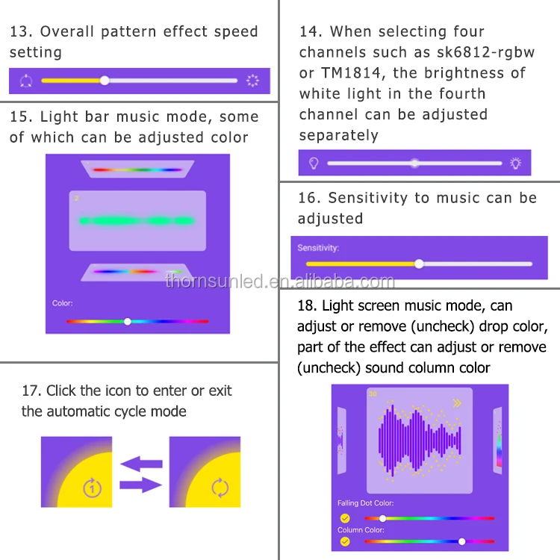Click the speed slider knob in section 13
pos(105,81)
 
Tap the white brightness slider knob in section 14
pos(414,164)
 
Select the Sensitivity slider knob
pos(420,264)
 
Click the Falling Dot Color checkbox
pos(345,518)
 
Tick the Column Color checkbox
pos(345,541)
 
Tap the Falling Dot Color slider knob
pos(382,518)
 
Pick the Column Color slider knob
pos(461,541)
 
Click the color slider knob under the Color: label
pos(128,321)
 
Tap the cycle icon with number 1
pos(92,488)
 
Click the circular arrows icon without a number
pos(220,488)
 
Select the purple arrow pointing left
pos(141,464)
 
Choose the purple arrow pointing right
pos(140,485)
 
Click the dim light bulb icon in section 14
pos(314,164)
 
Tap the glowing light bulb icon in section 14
pos(515,164)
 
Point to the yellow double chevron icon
pos(457,403)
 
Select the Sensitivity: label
pos(318,248)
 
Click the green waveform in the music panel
pos(137,221)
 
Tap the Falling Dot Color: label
pos(365,503)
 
